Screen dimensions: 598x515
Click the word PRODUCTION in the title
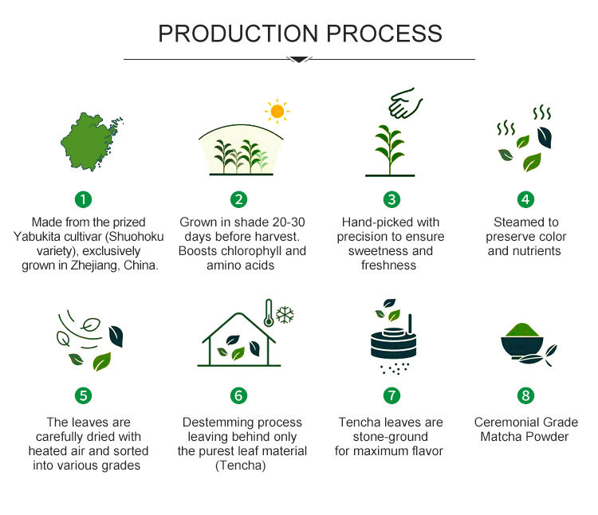click(x=226, y=33)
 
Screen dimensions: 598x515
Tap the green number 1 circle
click(x=84, y=199)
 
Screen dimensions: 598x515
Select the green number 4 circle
click(x=525, y=199)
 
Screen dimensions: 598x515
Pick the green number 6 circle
click(x=238, y=395)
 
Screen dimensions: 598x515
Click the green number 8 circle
click(x=525, y=395)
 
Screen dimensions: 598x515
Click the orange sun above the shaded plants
click(x=277, y=112)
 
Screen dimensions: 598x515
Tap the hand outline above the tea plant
click(x=405, y=103)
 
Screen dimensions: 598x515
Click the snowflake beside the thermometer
click(x=285, y=313)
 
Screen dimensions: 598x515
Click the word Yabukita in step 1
click(x=42, y=237)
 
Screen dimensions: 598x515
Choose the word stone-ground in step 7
click(x=391, y=437)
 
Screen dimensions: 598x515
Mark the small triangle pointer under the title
click(x=298, y=59)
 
